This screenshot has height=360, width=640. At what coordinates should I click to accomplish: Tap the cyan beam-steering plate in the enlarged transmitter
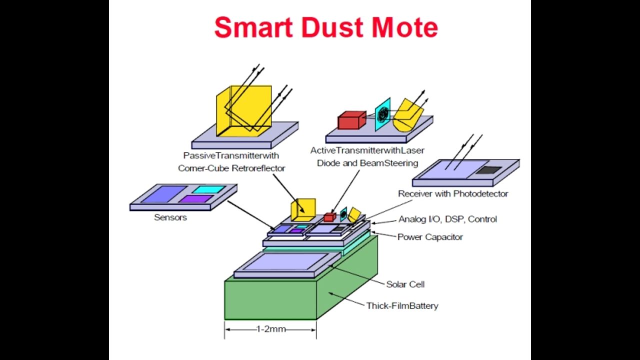coord(383,114)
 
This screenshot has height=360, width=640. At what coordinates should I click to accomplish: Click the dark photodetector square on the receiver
coord(487,170)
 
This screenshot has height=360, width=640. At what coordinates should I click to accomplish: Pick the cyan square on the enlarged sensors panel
coord(209,189)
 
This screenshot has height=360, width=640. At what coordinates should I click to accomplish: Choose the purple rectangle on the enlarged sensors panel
coord(196,199)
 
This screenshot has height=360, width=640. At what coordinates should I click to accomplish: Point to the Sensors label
coord(170,217)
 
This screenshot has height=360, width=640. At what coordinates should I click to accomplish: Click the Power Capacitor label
coord(430,237)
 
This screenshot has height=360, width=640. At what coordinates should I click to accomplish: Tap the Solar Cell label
coord(405,284)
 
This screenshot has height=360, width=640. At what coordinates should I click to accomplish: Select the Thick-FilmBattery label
coord(402,305)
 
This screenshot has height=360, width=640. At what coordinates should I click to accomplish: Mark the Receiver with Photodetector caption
coord(453,193)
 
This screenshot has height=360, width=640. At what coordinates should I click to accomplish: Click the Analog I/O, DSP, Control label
coord(447,219)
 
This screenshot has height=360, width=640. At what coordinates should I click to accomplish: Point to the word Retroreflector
coord(258,168)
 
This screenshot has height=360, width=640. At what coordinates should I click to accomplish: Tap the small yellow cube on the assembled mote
coord(303,209)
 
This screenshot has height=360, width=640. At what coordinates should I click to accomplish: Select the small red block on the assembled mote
coord(329,217)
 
